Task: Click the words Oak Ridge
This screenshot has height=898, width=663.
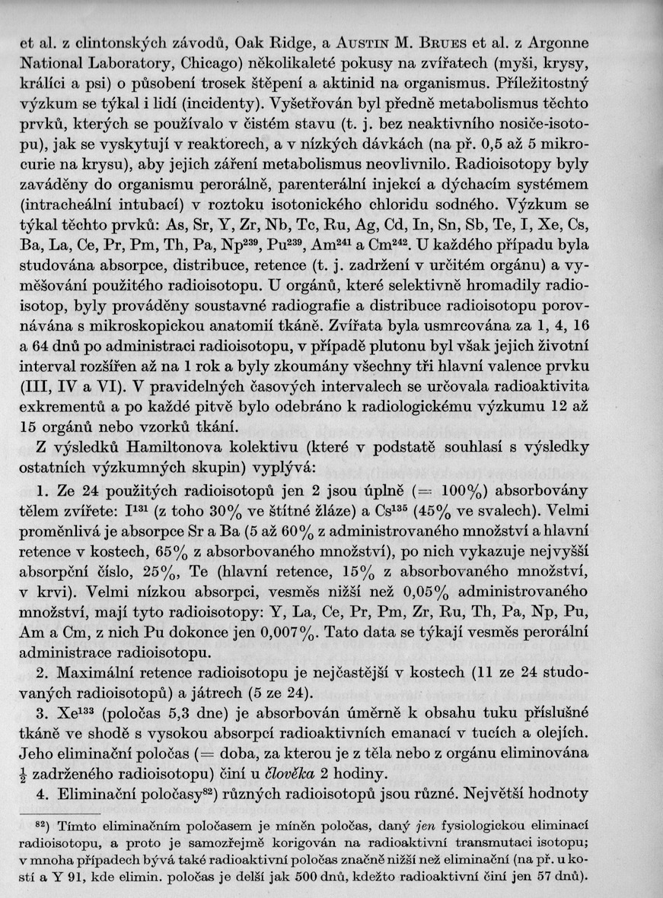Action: point(270,38)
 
